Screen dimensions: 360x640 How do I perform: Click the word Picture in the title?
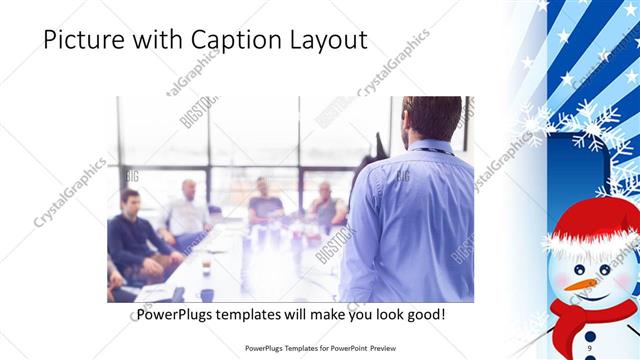(x=81, y=41)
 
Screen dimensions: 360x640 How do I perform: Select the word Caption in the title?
(x=221, y=41)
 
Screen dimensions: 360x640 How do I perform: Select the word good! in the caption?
(x=424, y=315)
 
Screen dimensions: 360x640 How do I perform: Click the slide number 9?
(x=591, y=347)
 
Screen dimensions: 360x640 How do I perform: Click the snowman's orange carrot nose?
(x=580, y=284)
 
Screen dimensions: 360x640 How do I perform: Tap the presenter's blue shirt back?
(x=410, y=220)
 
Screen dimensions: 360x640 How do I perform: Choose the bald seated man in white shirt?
(x=188, y=210)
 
